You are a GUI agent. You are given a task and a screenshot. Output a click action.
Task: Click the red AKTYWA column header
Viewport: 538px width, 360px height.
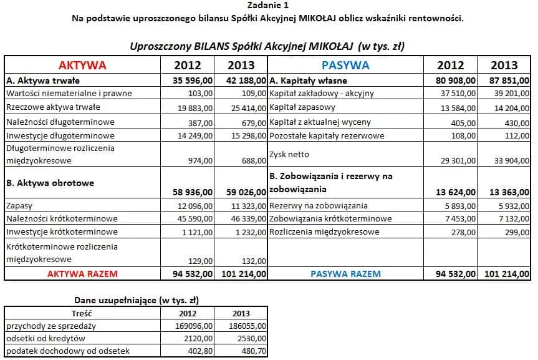coord(82,66)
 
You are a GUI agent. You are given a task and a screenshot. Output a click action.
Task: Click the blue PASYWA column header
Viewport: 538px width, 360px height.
coord(345,66)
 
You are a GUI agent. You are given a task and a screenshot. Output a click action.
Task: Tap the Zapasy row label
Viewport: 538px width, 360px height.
coord(20,205)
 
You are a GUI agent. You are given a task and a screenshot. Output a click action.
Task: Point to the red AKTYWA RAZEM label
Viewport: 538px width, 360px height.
coord(82,273)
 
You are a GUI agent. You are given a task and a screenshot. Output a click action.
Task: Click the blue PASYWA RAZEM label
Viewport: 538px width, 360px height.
coord(345,273)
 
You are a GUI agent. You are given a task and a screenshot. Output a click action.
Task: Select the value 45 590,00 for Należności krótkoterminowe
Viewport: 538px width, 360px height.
coord(195,219)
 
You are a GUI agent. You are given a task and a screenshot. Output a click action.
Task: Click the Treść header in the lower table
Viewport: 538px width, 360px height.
coord(82,313)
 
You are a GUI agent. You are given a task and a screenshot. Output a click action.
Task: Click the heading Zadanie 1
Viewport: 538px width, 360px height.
coord(268,6)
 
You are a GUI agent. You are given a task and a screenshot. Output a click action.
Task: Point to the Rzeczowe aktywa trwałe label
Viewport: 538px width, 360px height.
coord(53,108)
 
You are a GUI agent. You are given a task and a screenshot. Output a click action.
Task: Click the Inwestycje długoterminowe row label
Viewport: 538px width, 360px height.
coord(60,135)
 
